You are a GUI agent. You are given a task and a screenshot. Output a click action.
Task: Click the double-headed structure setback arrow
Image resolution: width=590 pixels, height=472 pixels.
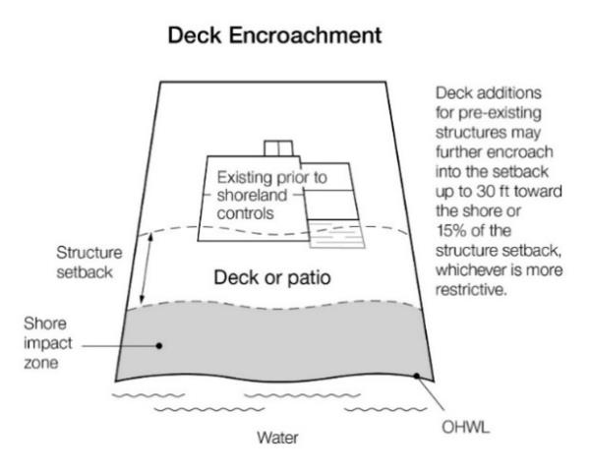click(x=143, y=267)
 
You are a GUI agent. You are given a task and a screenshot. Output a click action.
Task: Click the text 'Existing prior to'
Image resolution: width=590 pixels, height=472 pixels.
click(x=272, y=178)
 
